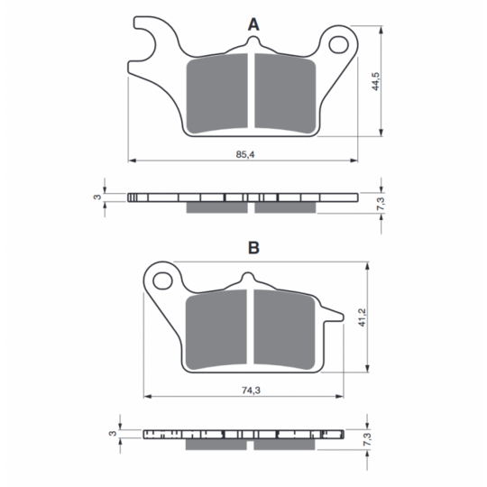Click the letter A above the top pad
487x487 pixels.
[x=253, y=24]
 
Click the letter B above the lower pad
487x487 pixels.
[x=253, y=248]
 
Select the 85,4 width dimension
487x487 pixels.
[x=245, y=154]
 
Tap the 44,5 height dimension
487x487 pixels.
[x=375, y=81]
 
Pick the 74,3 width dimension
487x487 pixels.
[x=251, y=391]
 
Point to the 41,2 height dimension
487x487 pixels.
[x=363, y=317]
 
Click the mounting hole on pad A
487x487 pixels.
[x=338, y=45]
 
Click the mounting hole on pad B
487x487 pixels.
[x=162, y=280]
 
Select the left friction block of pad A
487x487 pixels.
[x=216, y=93]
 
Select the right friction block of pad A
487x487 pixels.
[x=285, y=93]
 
